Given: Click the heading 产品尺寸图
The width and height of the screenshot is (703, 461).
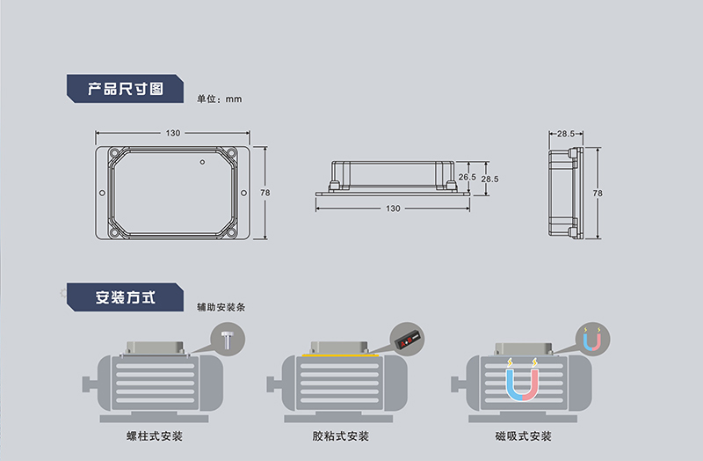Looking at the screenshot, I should coord(126,89).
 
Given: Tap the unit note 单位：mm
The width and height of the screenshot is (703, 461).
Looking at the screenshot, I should coord(218,99).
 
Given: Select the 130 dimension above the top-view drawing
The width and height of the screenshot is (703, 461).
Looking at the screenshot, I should coord(173,133).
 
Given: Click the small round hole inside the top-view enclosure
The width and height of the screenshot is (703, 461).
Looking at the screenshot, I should coord(201,162).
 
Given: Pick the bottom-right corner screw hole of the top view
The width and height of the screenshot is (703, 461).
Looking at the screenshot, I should coord(231,233).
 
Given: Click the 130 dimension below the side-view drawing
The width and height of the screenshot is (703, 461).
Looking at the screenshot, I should coord(393,209).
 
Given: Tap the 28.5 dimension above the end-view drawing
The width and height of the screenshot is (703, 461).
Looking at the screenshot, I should coord(566,134).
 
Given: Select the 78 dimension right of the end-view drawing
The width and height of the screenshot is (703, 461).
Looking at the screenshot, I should coord(598,193).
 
